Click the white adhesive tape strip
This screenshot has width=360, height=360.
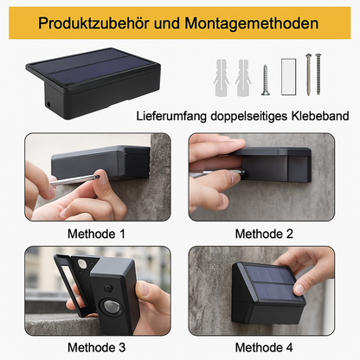point(287,76)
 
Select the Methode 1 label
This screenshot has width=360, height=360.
point(96,233)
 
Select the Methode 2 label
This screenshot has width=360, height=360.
point(264,233)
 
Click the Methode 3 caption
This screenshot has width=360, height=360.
point(96,348)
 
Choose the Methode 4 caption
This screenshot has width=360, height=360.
point(264,348)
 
